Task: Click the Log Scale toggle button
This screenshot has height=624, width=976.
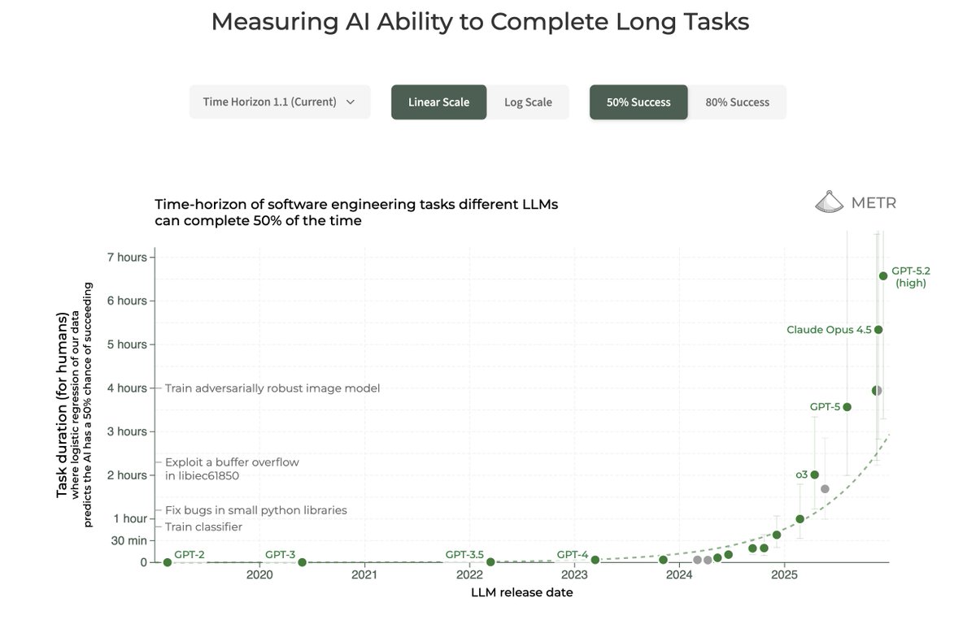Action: [x=528, y=102]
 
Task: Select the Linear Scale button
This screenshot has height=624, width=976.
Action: [x=438, y=102]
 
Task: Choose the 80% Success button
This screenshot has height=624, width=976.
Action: [x=737, y=102]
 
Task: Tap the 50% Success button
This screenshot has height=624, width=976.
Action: [x=638, y=102]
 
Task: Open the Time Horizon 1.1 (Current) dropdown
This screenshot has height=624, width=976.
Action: [x=279, y=102]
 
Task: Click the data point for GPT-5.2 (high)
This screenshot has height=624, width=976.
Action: [x=883, y=276]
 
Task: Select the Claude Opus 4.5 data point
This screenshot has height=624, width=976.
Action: [x=878, y=329]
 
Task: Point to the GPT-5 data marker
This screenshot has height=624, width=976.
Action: [x=847, y=407]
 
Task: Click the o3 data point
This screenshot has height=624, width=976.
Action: [x=815, y=474]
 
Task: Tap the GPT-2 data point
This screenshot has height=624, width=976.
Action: [x=168, y=562]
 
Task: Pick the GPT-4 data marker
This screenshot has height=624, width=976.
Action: [x=595, y=560]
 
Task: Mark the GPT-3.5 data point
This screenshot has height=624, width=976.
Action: [x=490, y=561]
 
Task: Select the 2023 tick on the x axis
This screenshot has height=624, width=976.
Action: [x=574, y=576]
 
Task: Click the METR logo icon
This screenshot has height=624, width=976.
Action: [x=830, y=202]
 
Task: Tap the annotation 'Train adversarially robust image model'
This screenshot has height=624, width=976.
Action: [x=272, y=388]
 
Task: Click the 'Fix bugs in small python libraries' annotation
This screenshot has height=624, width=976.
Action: [x=256, y=510]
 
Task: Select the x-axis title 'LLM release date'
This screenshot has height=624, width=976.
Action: [x=521, y=593]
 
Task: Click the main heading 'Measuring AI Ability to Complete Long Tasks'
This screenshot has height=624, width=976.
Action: [x=480, y=22]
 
